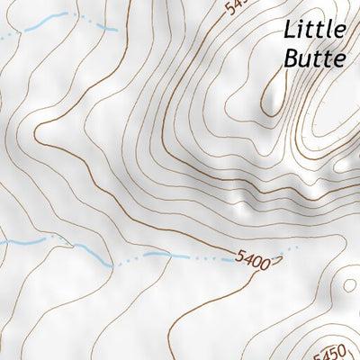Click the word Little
pyautogui.click(x=314, y=29)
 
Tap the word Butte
pyautogui.click(x=314, y=58)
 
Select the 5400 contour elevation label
pyautogui.click(x=252, y=263)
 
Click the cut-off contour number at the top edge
pyautogui.click(x=236, y=6)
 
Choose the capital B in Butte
pyautogui.click(x=291, y=58)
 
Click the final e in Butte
pyautogui.click(x=339, y=60)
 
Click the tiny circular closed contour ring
pyautogui.click(x=279, y=262)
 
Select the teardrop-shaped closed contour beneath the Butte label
pyautogui.click(x=270, y=94)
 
